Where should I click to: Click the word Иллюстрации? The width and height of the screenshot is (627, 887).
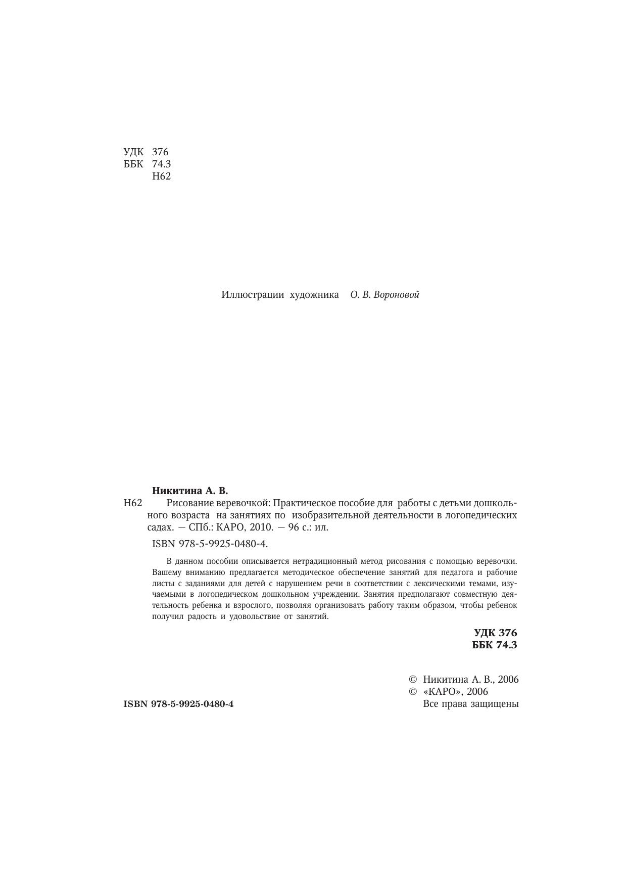tap(253, 295)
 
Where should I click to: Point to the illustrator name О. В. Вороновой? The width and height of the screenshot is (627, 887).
tap(385, 295)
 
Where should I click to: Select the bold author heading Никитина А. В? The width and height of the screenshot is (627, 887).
tap(190, 491)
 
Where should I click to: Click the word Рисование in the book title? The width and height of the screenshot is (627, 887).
tap(190, 503)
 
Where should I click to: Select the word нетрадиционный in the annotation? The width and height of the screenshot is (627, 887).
tap(321, 561)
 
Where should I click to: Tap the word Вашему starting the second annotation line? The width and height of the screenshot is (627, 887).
tap(167, 572)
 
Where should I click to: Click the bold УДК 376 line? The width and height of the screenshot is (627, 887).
tap(495, 633)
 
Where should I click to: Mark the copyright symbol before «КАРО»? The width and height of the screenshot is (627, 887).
tap(412, 691)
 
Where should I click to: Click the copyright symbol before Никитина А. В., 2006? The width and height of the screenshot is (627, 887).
tap(412, 679)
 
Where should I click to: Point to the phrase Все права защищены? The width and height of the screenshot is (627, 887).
tap(470, 703)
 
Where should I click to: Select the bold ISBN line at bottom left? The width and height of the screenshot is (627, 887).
tap(178, 704)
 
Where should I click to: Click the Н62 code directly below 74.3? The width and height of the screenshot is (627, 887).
tap(161, 176)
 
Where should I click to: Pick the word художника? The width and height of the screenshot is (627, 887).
tap(314, 295)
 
